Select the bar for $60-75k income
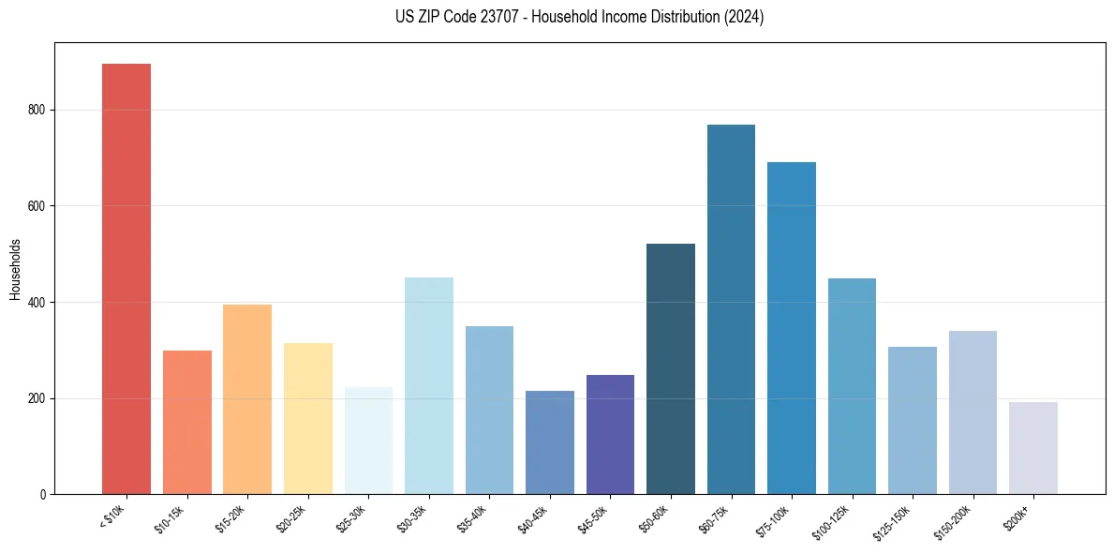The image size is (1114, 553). pyautogui.click(x=731, y=309)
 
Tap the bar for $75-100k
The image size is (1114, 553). pyautogui.click(x=792, y=328)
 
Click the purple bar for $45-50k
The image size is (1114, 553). pyautogui.click(x=610, y=434)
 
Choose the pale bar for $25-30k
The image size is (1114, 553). pyautogui.click(x=368, y=441)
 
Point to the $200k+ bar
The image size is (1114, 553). pyautogui.click(x=1033, y=448)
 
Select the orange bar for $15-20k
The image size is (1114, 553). pyautogui.click(x=247, y=399)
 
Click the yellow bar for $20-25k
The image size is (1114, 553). pyautogui.click(x=308, y=418)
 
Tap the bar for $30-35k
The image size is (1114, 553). pyautogui.click(x=429, y=385)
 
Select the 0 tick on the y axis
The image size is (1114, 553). pyautogui.click(x=45, y=494)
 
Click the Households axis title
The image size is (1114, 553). pyautogui.click(x=15, y=268)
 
